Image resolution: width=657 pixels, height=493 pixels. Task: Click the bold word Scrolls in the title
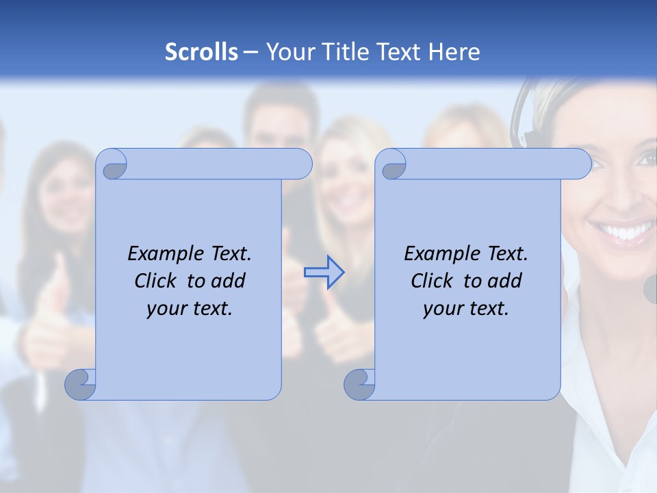click(x=201, y=52)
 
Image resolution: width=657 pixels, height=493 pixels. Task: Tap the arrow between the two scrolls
click(x=324, y=273)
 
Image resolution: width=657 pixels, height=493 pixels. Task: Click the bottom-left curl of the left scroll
click(x=79, y=384)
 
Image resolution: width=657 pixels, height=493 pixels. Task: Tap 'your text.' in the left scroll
click(x=190, y=308)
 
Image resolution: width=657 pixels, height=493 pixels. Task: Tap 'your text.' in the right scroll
click(x=466, y=308)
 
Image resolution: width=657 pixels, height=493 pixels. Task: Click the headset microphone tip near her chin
click(x=650, y=288)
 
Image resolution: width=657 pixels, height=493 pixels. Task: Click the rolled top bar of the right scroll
click(x=493, y=164)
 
